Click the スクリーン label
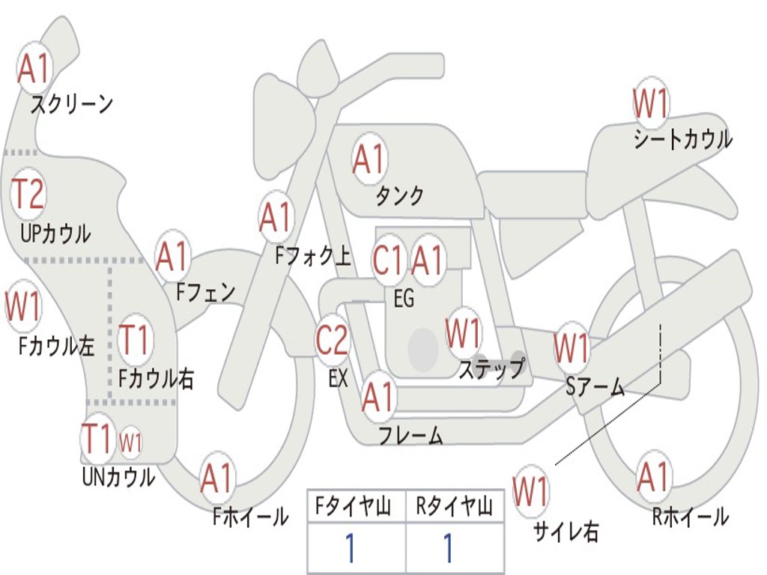click(x=72, y=104)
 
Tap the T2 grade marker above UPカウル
click(x=28, y=194)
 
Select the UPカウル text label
click(x=55, y=234)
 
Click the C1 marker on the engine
click(x=387, y=260)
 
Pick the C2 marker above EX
click(x=332, y=340)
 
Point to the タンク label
click(x=399, y=195)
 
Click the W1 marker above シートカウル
click(x=651, y=103)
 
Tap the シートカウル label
click(x=683, y=139)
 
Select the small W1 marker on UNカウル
click(x=130, y=443)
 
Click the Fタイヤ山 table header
click(x=354, y=507)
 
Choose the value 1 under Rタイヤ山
click(x=448, y=547)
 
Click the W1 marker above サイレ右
click(x=531, y=491)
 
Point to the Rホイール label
click(x=690, y=517)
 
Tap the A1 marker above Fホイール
click(x=216, y=478)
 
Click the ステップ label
click(x=491, y=368)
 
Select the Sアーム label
click(x=595, y=387)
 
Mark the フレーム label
click(x=411, y=435)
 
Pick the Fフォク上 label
click(x=313, y=255)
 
